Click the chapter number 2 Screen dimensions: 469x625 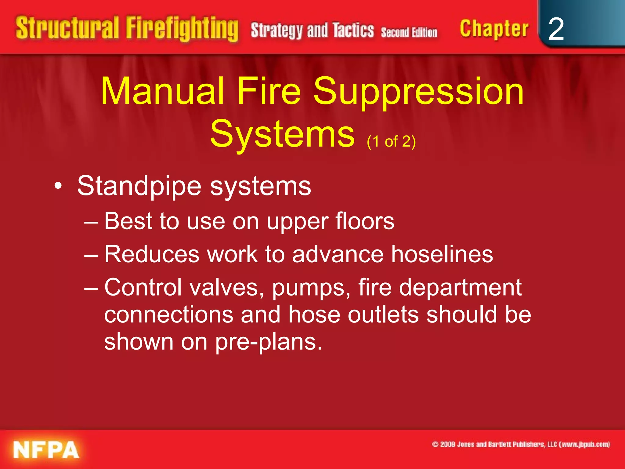point(556,29)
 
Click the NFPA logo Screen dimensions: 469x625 point(46,449)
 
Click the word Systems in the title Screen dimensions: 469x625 point(283,134)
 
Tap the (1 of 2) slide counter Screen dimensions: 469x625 point(391,141)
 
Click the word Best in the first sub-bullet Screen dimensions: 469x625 point(128,221)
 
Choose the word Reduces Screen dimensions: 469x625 point(152,254)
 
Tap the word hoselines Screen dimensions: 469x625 point(442,254)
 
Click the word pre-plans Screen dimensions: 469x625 point(269,342)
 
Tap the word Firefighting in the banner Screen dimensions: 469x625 point(182,29)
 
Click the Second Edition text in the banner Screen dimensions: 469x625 point(409,32)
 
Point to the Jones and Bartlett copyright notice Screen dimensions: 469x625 point(521,444)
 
